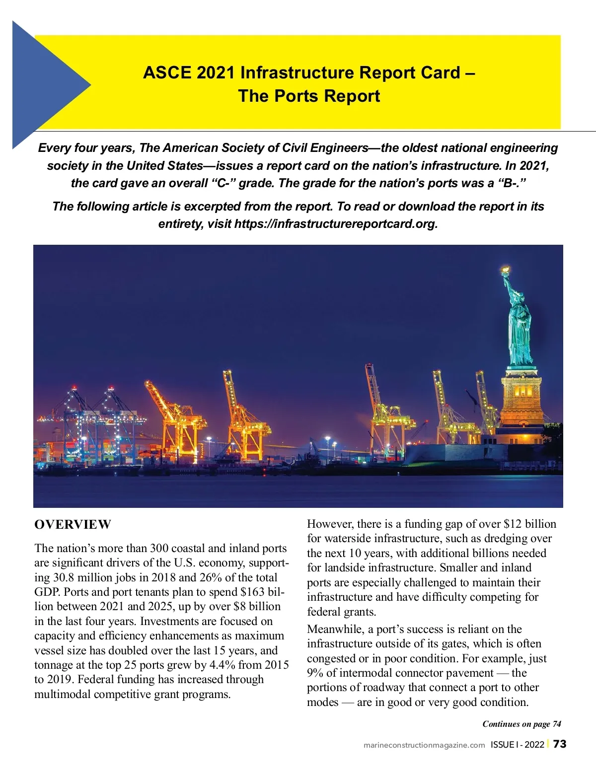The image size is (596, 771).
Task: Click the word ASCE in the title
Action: pyautogui.click(x=167, y=73)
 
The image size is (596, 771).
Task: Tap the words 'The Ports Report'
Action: pyautogui.click(x=309, y=96)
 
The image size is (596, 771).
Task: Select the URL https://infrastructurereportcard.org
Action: pyautogui.click(x=336, y=224)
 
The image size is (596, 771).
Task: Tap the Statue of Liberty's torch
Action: pyautogui.click(x=505, y=271)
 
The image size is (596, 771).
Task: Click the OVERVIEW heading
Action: pyautogui.click(x=73, y=525)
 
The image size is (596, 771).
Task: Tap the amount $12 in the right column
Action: pyautogui.click(x=512, y=524)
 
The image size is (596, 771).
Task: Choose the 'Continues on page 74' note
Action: pyautogui.click(x=521, y=724)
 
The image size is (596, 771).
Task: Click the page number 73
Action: pyautogui.click(x=560, y=744)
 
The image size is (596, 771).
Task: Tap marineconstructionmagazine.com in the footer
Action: pyautogui.click(x=424, y=745)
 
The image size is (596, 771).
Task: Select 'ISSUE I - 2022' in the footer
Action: pyautogui.click(x=517, y=745)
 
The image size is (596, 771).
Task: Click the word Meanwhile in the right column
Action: pyautogui.click(x=334, y=630)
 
